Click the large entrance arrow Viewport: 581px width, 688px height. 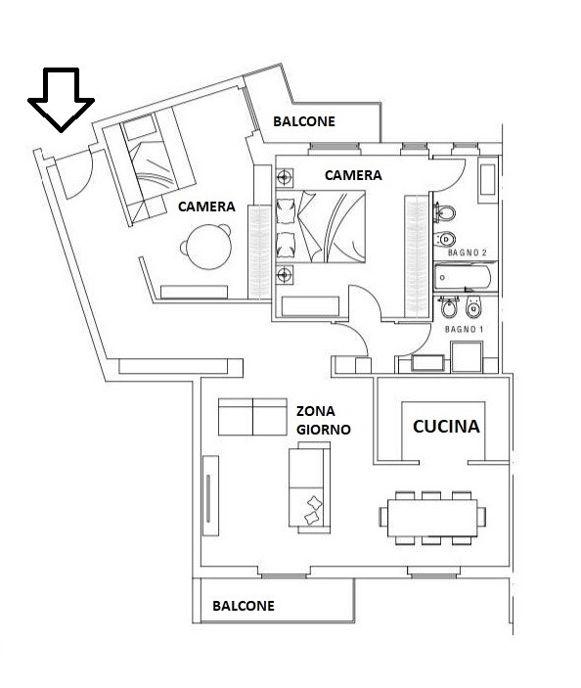61,99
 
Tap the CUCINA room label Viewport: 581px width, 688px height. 446,426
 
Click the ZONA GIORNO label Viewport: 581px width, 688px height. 323,421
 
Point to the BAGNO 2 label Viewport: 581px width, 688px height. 467,252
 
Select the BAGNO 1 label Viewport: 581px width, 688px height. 464,329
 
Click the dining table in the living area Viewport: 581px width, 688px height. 432,518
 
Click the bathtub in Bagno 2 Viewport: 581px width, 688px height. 464,277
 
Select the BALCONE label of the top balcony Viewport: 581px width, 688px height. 304,121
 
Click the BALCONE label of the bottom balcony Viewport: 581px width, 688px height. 244,606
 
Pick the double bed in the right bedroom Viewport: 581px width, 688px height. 321,226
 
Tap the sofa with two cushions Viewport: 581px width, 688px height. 310,487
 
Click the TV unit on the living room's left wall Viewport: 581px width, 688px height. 210,496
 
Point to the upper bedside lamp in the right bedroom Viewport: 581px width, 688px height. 284,178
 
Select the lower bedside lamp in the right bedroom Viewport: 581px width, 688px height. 284,275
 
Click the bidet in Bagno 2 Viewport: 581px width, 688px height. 444,240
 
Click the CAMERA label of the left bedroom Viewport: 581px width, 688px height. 206,206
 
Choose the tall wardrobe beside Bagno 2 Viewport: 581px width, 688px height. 417,256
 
